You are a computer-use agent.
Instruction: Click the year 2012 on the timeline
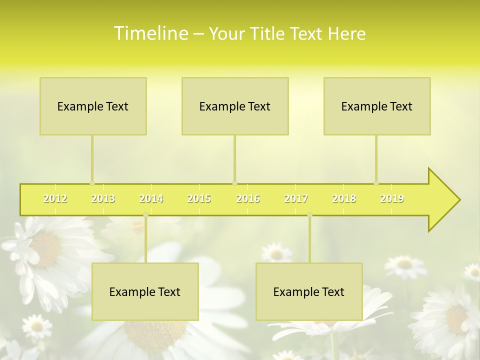tap(55, 198)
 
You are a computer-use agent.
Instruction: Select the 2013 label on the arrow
tap(103, 198)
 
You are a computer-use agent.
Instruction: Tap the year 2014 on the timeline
tap(151, 198)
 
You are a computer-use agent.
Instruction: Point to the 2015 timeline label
tap(199, 198)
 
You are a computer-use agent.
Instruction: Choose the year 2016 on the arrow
tap(248, 198)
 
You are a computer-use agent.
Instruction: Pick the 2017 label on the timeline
tap(296, 198)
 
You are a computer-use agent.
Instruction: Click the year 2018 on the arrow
tap(344, 198)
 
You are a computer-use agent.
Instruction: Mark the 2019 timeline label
tap(392, 198)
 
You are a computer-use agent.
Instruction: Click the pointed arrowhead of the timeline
tap(445, 199)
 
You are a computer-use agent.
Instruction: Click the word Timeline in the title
tap(150, 33)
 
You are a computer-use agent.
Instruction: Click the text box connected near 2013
tap(93, 106)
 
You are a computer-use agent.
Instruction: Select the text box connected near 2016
tap(235, 106)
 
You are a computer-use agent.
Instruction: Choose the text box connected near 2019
tap(377, 106)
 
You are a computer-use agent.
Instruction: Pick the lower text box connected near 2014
tap(145, 291)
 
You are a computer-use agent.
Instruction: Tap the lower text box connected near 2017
tap(309, 291)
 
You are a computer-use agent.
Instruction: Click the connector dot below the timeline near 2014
tap(145, 215)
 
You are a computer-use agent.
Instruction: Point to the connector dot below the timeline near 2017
tap(309, 215)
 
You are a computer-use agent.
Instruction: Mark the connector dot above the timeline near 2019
tap(376, 183)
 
